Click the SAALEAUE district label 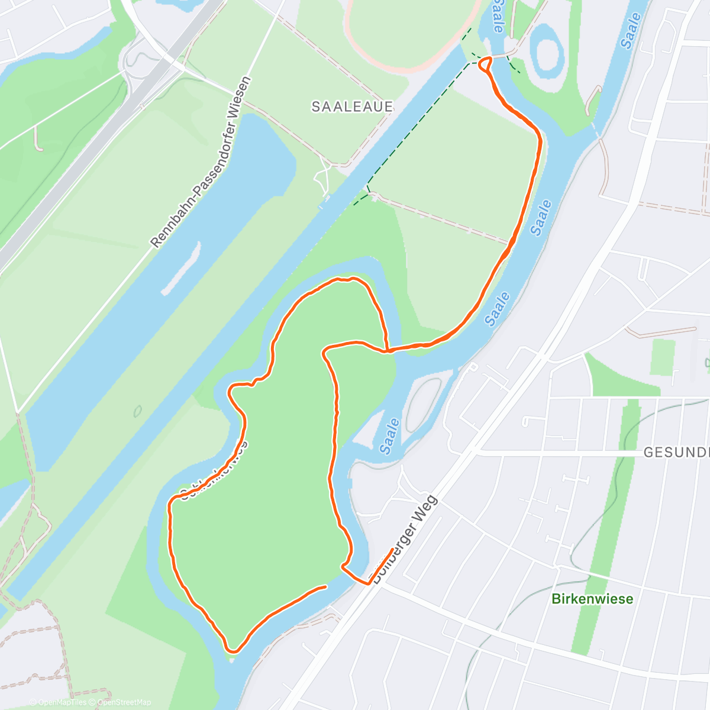click(x=352, y=106)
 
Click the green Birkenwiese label click(x=592, y=599)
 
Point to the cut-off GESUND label click(x=676, y=453)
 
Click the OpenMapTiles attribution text click(x=57, y=702)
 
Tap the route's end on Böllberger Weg click(x=392, y=550)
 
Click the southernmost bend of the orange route click(x=233, y=651)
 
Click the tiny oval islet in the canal click(x=138, y=410)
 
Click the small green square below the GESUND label click(x=662, y=357)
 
